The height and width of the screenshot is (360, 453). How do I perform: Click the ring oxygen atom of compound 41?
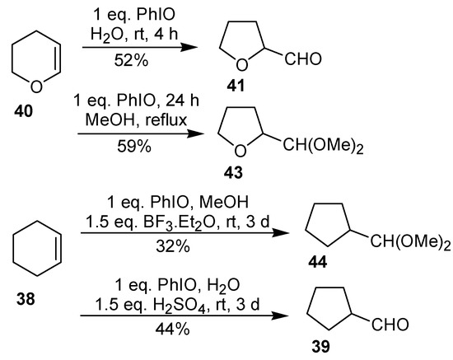pyautogui.click(x=245, y=65)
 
